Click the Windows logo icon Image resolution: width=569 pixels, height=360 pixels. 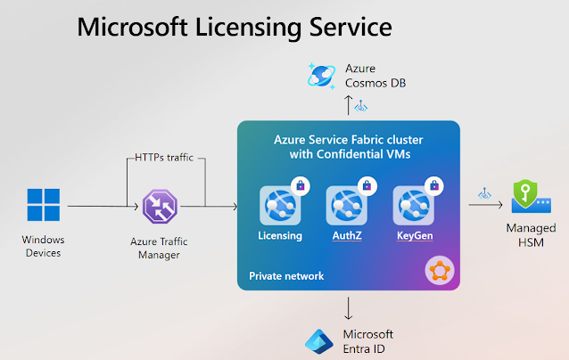point(44,205)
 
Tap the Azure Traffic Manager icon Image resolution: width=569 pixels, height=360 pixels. point(160,206)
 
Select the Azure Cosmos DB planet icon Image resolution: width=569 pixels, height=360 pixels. point(322,76)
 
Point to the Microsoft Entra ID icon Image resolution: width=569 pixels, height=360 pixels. point(319,341)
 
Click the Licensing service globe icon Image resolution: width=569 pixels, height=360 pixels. point(280,206)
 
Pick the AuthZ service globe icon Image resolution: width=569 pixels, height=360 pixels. point(347,206)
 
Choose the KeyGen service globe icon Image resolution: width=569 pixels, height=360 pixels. point(413,206)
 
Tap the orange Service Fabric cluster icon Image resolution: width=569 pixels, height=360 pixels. point(440,270)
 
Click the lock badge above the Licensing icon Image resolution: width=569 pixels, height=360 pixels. point(301,186)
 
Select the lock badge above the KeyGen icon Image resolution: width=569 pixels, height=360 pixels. point(434,186)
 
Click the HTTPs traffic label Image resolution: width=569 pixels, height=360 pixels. point(164,158)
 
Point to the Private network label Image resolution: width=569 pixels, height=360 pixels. point(286,276)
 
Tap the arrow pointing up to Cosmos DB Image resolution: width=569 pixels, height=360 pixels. point(349,105)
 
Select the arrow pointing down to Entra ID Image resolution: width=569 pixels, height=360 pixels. point(349,308)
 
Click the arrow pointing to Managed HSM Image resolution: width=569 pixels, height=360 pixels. point(485,205)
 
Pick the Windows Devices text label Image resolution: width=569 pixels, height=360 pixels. point(43,246)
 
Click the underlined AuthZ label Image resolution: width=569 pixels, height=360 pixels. point(347,235)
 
